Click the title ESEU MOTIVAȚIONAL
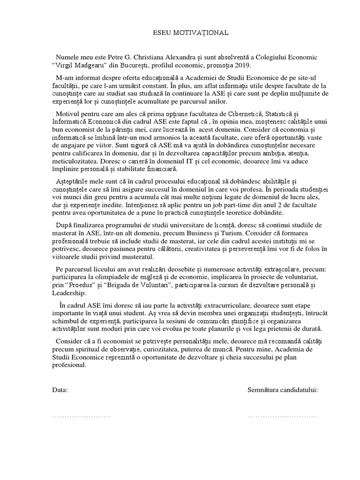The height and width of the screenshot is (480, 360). [x=191, y=33]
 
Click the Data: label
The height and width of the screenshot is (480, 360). [x=60, y=390]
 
